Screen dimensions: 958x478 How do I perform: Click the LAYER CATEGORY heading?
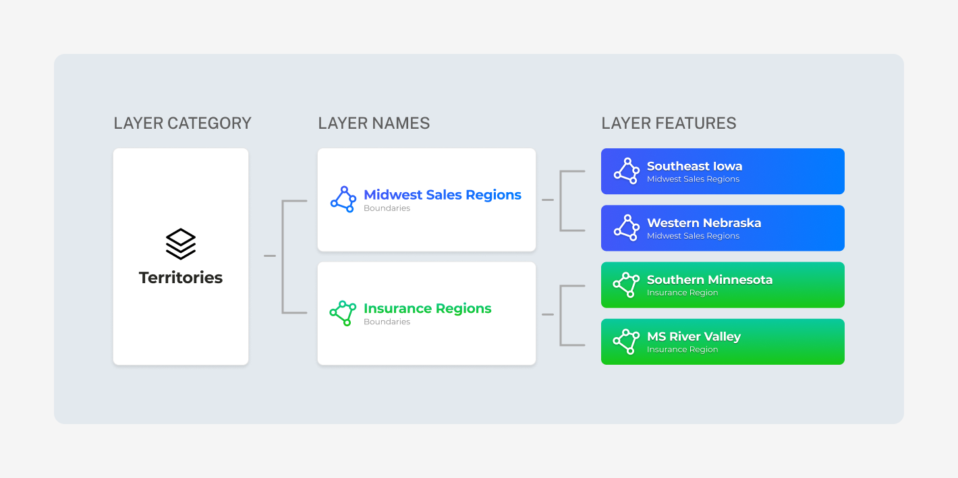pos(182,123)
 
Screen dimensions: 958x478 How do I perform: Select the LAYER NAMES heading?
pos(374,123)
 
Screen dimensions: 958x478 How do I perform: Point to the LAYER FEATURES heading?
pos(669,123)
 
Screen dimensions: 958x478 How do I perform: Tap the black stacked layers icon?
pos(181,243)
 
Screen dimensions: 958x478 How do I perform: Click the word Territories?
pos(181,278)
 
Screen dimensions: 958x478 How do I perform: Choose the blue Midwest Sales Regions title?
pos(442,195)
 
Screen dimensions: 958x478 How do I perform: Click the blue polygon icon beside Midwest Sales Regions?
pos(343,200)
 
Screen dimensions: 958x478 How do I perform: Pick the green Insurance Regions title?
pos(427,308)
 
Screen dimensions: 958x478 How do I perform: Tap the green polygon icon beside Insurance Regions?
pos(343,313)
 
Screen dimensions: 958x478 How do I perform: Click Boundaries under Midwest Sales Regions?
pos(387,208)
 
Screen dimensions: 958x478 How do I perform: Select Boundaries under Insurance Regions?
pos(387,322)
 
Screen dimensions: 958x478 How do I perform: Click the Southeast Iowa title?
pos(695,166)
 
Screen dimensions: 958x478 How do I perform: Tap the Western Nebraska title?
pos(704,222)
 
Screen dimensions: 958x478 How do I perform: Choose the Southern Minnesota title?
pos(710,280)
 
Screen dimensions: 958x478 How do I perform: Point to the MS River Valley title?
pos(694,336)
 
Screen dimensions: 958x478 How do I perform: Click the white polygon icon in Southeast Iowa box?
pos(627,171)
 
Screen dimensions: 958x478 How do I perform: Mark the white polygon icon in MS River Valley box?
pos(627,342)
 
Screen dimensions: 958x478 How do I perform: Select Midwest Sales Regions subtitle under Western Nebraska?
pos(693,236)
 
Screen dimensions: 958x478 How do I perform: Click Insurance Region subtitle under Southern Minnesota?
pos(682,293)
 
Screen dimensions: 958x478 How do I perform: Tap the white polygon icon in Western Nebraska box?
pos(627,228)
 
